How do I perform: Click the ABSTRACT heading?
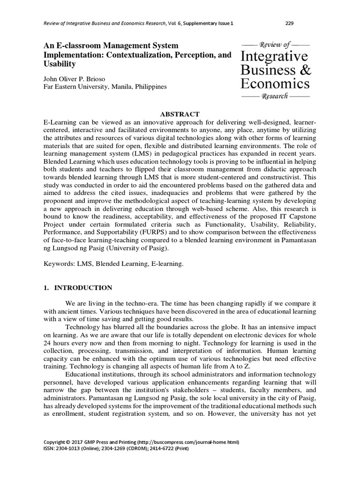coord(180,114)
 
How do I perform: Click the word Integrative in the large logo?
coord(274,56)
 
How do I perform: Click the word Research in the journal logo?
coord(275,96)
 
